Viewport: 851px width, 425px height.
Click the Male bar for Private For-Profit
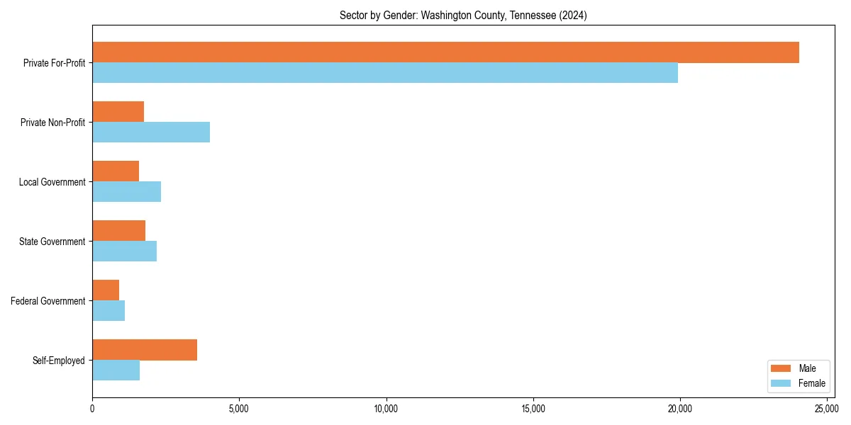tap(445, 52)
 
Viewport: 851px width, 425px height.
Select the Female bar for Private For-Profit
tap(385, 73)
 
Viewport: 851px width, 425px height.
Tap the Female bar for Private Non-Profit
tap(151, 132)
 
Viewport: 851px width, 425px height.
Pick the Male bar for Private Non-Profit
tap(118, 112)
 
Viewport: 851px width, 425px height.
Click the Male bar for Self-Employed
tap(145, 350)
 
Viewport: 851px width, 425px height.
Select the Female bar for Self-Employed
tap(116, 370)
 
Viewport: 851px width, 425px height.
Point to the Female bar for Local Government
tap(126, 192)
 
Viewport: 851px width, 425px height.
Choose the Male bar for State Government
tap(118, 231)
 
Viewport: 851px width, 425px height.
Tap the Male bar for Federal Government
tap(106, 290)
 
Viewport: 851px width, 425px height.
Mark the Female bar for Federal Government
tap(109, 311)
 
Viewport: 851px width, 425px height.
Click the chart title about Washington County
tap(463, 15)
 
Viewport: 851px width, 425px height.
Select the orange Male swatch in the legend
tap(780, 368)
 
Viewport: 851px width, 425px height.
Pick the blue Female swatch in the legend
tap(780, 383)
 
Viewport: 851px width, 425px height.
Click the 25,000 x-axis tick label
tap(827, 409)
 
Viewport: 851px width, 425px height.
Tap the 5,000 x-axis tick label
tap(239, 409)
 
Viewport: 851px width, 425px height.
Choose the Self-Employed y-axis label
tap(59, 361)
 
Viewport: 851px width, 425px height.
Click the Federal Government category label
tap(48, 301)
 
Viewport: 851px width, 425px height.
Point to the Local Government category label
tap(52, 182)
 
